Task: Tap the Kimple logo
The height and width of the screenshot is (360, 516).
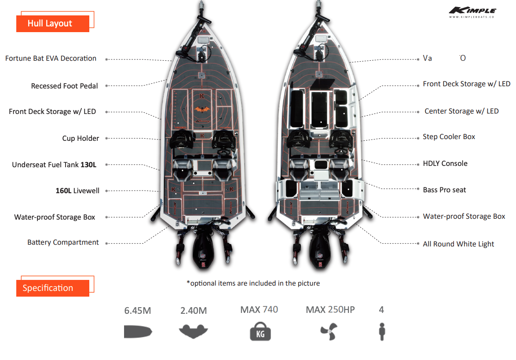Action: pos(472,11)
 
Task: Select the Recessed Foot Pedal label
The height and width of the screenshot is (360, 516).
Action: pos(64,86)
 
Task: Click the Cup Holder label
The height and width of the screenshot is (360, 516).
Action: pos(81,138)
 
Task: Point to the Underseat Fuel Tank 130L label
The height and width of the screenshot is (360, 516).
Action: pos(54,165)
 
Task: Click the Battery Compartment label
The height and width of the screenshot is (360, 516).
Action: pos(63,242)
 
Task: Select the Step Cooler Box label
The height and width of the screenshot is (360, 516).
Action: pos(449,137)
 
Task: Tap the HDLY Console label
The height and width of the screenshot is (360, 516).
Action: pos(445,163)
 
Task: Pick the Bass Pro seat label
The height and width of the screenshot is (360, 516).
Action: pos(444,190)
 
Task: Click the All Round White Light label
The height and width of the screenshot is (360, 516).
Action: pos(458,244)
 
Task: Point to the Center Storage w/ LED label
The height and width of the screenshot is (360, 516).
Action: pos(461,111)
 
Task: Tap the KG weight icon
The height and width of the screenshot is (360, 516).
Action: pos(260,331)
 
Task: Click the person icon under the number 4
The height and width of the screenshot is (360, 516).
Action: pos(381,331)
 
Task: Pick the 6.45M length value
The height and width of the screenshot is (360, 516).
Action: pos(137,311)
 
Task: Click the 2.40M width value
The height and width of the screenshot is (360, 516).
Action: pos(194,311)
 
